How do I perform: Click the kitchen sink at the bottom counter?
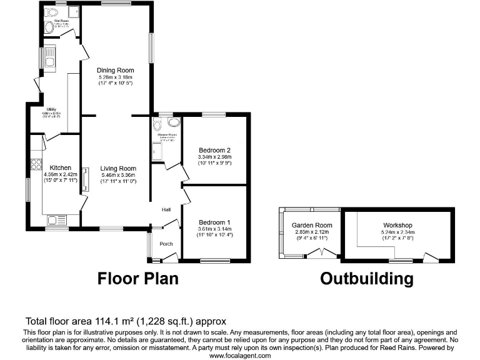[x=56, y=220]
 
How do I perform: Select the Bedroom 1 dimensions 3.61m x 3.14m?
[x=215, y=229]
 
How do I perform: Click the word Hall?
[x=167, y=209]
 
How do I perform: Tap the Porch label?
[x=166, y=244]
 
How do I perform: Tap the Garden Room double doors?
[x=323, y=252]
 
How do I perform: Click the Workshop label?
[x=397, y=225]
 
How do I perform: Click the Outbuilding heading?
[x=366, y=279]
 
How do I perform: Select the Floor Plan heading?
[x=137, y=279]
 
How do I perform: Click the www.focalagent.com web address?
[x=239, y=355]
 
